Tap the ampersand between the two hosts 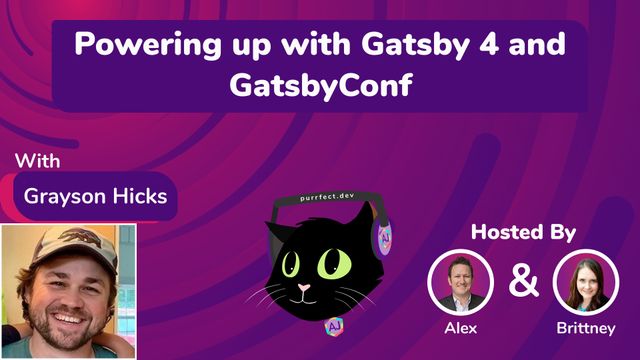(523, 282)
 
